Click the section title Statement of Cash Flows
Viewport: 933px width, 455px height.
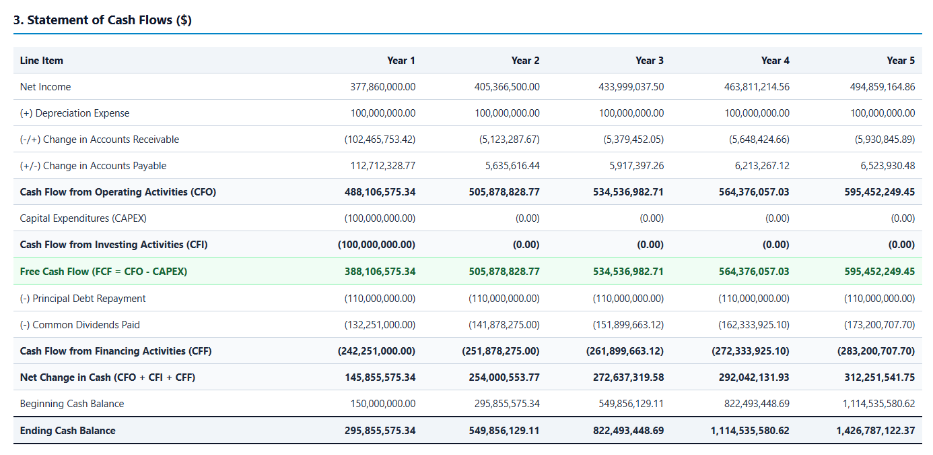[x=102, y=20]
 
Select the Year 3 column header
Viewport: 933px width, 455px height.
[x=650, y=61]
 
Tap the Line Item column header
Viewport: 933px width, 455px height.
[x=42, y=61]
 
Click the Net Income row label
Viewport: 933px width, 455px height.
[x=45, y=87]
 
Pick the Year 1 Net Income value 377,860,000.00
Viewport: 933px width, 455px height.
[x=383, y=87]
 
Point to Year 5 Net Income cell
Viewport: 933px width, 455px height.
[x=883, y=87]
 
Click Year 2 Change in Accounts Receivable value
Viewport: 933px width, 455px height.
[x=509, y=140]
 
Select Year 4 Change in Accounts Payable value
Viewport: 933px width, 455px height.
[x=762, y=166]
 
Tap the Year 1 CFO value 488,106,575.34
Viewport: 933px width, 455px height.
[x=380, y=192]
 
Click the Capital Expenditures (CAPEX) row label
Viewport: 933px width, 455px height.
[x=83, y=218]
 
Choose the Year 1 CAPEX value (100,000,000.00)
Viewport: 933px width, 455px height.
[x=380, y=218]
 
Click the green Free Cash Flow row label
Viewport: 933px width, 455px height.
[x=104, y=272]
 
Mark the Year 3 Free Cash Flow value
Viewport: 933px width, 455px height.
[x=628, y=272]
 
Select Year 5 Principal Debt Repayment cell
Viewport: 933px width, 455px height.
[x=880, y=299]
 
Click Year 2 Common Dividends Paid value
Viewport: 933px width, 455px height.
[x=504, y=325]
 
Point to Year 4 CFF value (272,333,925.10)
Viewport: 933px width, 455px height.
[x=750, y=351]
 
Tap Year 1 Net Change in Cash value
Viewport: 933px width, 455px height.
[x=380, y=377]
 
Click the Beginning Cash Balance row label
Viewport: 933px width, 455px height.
[x=72, y=404]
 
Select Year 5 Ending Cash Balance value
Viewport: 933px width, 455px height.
[x=876, y=430]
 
